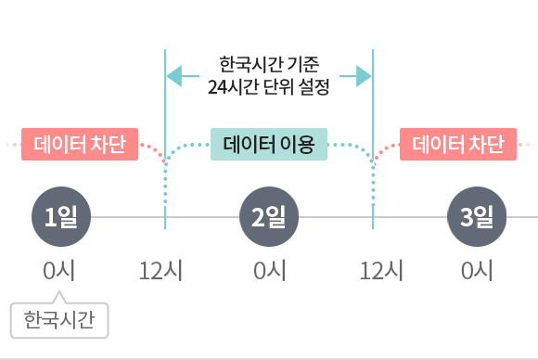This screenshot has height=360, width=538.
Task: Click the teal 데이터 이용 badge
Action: pyautogui.click(x=269, y=145)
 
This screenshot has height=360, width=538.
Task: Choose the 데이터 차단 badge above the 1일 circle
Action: pyautogui.click(x=80, y=145)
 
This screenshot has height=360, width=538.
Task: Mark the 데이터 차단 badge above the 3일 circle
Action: pyautogui.click(x=458, y=145)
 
